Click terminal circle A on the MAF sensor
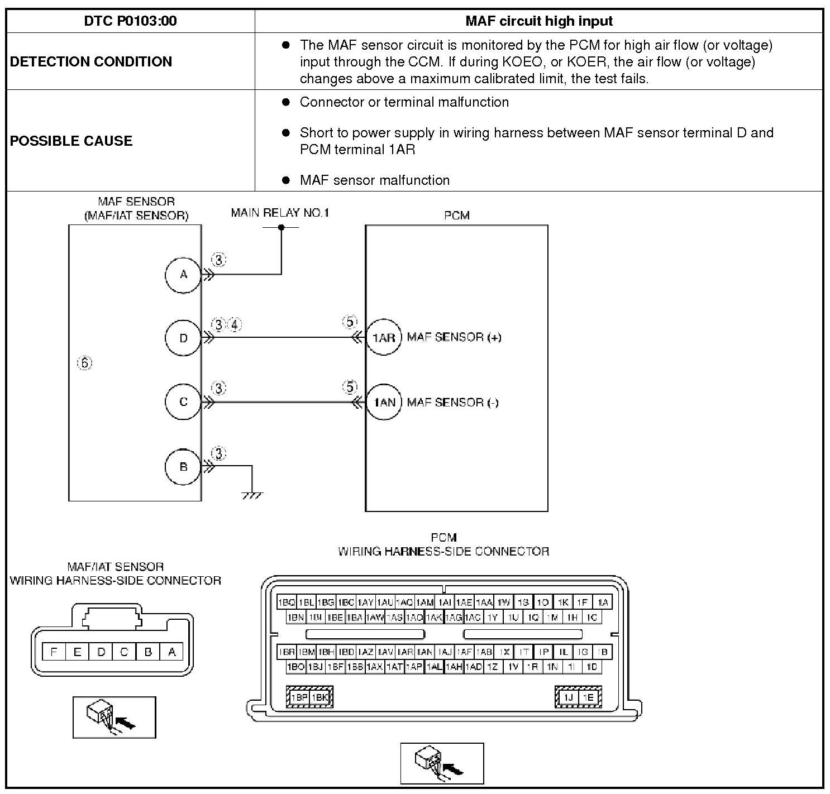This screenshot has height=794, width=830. coord(183,275)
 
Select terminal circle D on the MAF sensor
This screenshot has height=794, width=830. coord(183,338)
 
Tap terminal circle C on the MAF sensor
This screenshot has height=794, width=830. coord(183,402)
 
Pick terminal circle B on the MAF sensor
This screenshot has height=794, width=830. coord(183,467)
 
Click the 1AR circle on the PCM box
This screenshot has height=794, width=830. coord(384,338)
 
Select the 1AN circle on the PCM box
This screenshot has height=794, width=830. coord(384,402)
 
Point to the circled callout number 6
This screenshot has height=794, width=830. coord(84,363)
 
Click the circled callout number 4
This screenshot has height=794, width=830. coord(235,324)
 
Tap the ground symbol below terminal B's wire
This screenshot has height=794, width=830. coord(252,495)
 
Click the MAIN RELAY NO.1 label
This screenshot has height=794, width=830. coord(280,213)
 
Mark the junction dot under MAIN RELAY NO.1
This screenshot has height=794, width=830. coord(282,227)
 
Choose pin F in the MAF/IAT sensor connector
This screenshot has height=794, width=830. coord(54,652)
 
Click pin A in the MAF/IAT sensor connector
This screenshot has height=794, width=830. coord(172,652)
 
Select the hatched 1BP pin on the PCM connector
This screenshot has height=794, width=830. coord(299,697)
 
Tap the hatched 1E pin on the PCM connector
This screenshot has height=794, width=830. coord(588,697)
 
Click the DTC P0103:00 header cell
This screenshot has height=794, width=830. coord(130,21)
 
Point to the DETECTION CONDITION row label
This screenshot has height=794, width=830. coord(91,61)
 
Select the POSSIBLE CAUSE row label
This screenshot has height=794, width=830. coord(71,141)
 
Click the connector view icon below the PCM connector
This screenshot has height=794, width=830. coord(442,763)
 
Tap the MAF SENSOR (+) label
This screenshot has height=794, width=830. coord(454,337)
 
